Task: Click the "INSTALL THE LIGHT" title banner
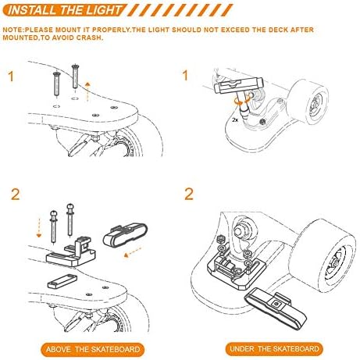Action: tap(65, 10)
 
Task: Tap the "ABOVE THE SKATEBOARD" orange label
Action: tap(93, 349)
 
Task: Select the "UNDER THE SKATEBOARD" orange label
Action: tap(274, 348)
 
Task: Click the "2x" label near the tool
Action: tap(235, 120)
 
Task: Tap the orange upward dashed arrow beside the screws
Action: tap(87, 92)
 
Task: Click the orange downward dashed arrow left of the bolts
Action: tap(39, 228)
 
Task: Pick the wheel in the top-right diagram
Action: tap(308, 102)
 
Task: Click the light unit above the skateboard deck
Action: tap(125, 234)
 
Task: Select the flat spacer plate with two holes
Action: tap(62, 281)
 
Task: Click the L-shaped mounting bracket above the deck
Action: tap(72, 252)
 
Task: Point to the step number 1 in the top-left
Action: tap(11, 77)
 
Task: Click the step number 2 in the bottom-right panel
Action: tap(189, 194)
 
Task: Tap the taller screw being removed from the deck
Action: tap(75, 77)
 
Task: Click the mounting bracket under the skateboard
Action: tap(236, 271)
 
